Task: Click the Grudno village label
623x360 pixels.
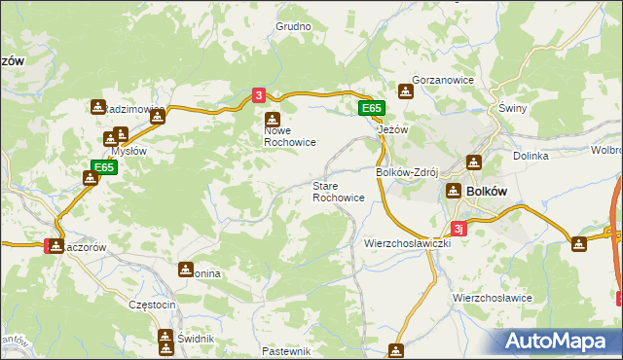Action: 293,27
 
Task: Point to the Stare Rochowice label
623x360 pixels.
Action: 338,191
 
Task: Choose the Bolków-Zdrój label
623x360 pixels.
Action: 409,171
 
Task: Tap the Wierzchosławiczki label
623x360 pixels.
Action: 405,241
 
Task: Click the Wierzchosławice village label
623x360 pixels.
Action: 492,297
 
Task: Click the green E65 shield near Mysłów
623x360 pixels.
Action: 104,168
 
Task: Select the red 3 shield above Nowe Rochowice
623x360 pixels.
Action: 258,95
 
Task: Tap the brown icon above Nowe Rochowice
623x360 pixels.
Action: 273,119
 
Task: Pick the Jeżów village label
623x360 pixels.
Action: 391,128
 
